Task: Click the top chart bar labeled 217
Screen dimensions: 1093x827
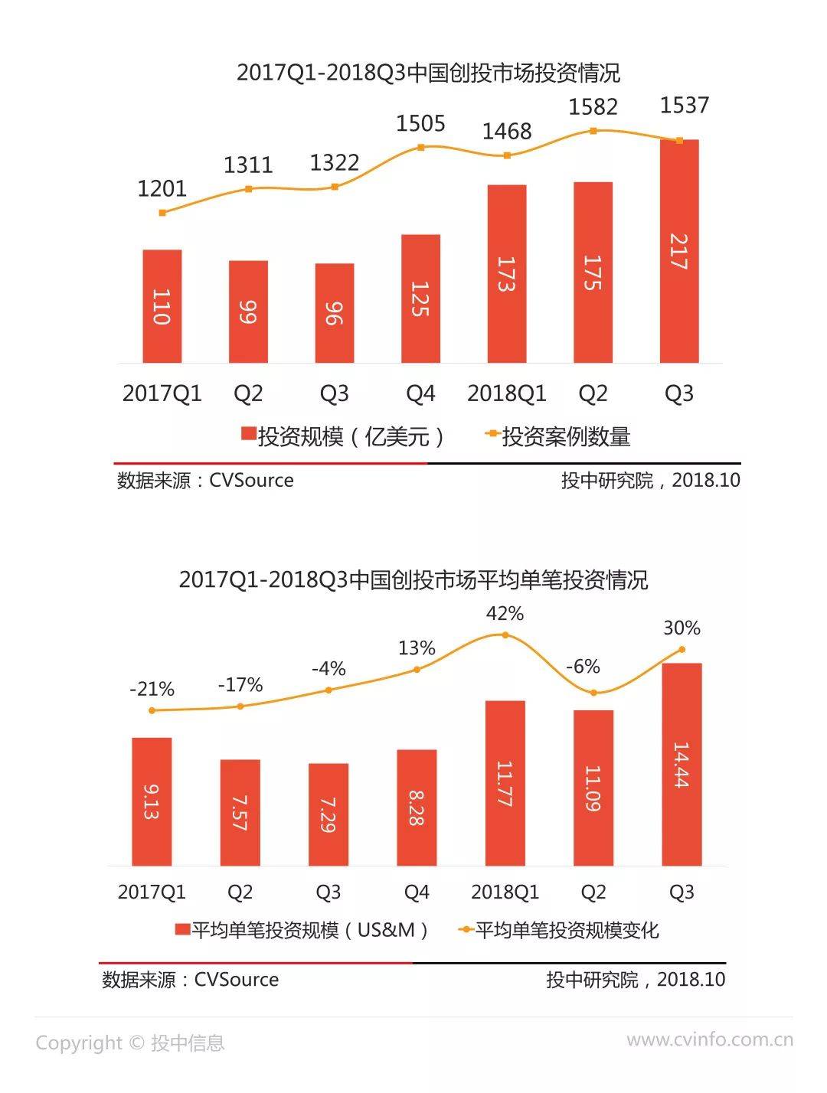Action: coord(678,251)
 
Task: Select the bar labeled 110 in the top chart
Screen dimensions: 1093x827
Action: coord(162,306)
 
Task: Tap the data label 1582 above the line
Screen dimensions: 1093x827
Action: coord(593,106)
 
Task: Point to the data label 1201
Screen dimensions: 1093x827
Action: coord(162,188)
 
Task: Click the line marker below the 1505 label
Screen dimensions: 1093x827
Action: coord(420,147)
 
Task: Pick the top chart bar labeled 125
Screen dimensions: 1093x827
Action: coord(420,299)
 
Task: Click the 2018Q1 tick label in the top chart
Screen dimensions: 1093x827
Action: coord(506,393)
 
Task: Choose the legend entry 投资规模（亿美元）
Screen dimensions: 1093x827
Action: coord(343,437)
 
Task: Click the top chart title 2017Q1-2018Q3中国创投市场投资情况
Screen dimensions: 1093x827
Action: coord(428,73)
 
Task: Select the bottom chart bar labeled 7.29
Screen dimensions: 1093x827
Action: coord(329,814)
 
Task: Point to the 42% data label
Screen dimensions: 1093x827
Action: coord(505,614)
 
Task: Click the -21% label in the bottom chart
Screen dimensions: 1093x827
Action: coord(152,689)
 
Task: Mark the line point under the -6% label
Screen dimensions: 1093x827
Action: coord(593,693)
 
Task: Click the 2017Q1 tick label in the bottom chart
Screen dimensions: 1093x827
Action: coord(152,892)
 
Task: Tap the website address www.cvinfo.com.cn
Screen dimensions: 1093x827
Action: coord(710,1039)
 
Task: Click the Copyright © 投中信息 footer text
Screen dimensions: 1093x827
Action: coord(130,1042)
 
